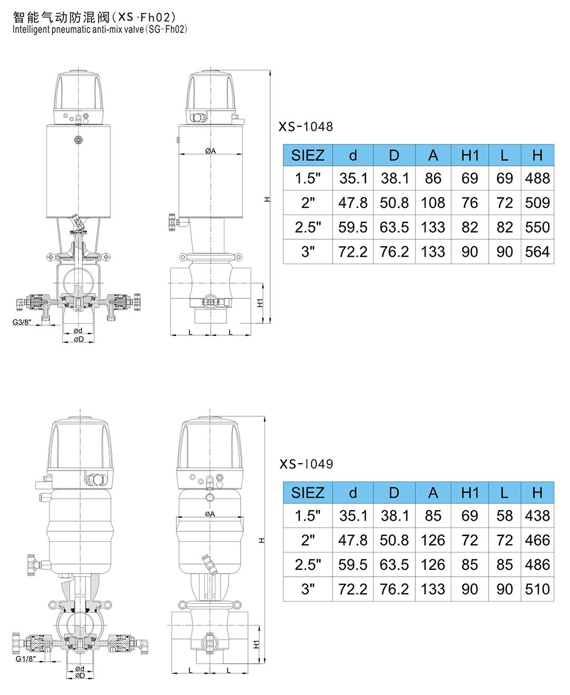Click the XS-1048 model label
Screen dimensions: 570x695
(306, 127)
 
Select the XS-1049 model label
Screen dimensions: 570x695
(306, 464)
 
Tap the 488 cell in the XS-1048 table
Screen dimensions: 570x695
(537, 179)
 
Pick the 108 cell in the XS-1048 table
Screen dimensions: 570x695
(433, 203)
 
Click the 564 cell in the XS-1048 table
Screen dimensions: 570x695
(537, 252)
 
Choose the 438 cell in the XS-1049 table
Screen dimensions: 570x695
(537, 515)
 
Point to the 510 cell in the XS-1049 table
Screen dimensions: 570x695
(537, 589)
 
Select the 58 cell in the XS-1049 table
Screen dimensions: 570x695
(505, 515)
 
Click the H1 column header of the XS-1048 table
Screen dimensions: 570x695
(470, 155)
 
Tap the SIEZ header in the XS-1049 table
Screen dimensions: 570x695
(308, 493)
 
